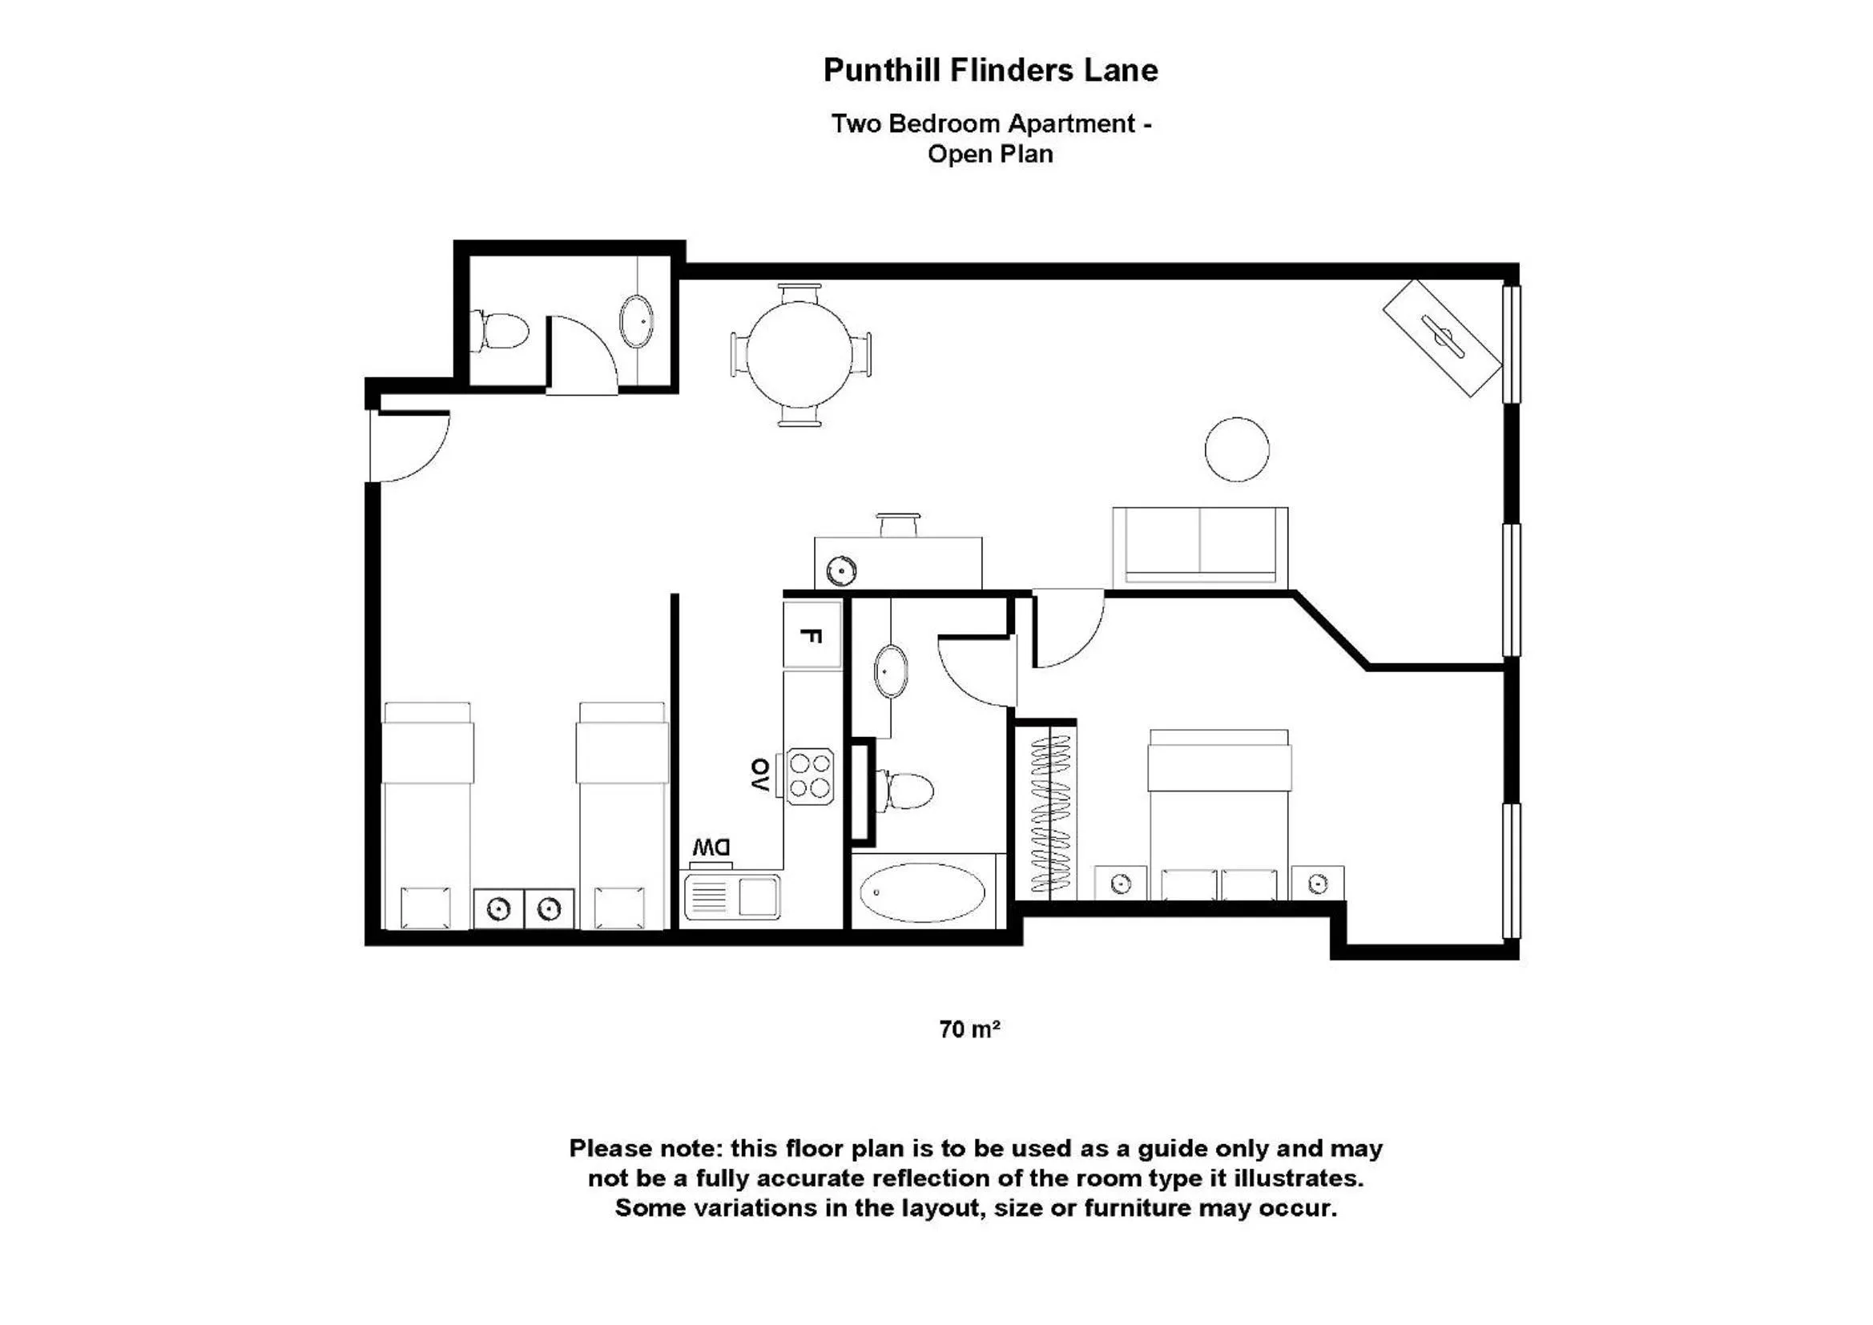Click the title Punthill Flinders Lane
(990, 70)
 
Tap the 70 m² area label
(969, 1029)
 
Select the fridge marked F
(812, 635)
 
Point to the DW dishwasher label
(711, 848)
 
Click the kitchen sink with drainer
(732, 896)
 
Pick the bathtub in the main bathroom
(922, 892)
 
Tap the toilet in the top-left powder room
(501, 332)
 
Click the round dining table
(800, 355)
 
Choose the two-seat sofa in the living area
(1200, 546)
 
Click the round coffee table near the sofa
(1237, 449)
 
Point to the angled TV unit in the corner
(1442, 338)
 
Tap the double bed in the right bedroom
(1218, 816)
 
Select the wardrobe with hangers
(1050, 812)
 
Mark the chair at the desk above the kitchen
(898, 525)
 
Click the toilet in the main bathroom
(907, 789)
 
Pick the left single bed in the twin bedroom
(428, 816)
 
